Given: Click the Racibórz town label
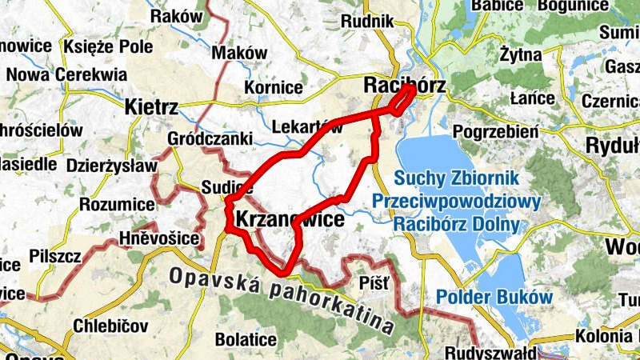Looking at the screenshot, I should [x=404, y=85].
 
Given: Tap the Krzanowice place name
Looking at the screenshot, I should [x=290, y=218].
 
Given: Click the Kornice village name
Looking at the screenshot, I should [x=274, y=86].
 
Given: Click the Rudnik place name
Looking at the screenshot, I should [x=367, y=22].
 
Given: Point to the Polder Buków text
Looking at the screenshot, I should [x=494, y=298].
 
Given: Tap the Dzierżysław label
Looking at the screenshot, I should [x=113, y=166].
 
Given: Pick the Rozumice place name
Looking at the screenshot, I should [x=117, y=205].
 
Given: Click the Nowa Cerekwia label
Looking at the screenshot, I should [x=66, y=74].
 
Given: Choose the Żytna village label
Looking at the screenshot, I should [x=520, y=55].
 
